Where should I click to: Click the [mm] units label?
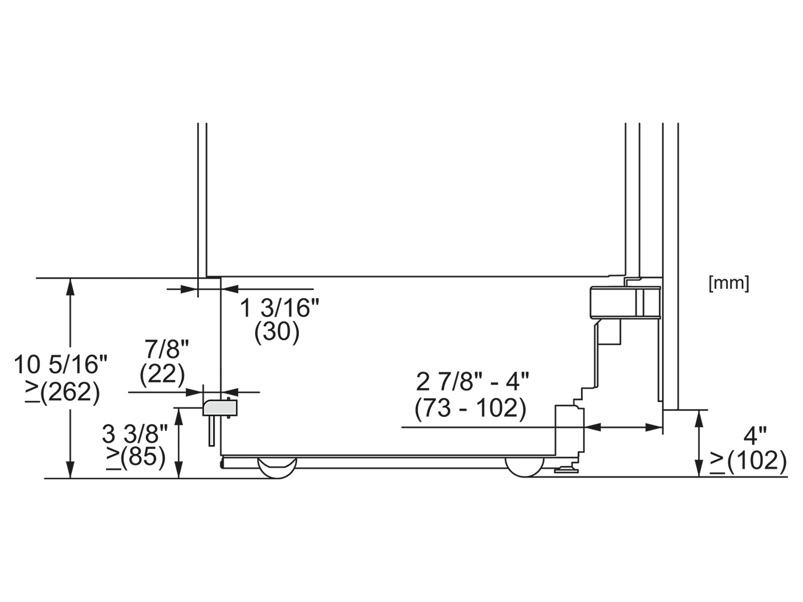point(729,284)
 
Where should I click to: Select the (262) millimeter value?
point(70,393)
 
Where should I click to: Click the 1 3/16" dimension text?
point(279,307)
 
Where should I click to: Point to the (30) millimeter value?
point(277,333)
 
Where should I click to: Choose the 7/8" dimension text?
point(167,349)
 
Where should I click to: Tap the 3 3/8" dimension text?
point(135,434)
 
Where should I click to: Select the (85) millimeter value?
point(143,458)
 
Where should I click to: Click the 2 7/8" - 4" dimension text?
point(473,382)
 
